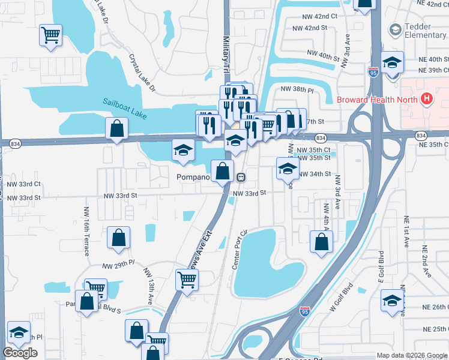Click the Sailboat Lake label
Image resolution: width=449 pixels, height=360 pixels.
[x=124, y=103]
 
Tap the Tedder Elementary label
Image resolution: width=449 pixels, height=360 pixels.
[x=425, y=30]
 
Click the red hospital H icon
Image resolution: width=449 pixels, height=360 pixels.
[x=427, y=99]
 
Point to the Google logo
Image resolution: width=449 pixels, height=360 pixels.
[x=20, y=353]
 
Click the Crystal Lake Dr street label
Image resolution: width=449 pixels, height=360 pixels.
[x=142, y=74]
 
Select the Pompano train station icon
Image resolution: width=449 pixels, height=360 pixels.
[x=241, y=177]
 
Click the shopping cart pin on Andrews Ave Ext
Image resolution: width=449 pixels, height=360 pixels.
[x=187, y=279]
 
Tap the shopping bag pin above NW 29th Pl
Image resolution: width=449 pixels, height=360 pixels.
[x=119, y=237]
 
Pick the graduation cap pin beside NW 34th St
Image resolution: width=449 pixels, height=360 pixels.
[x=288, y=168]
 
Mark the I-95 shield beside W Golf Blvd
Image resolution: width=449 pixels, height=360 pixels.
[x=305, y=312]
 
